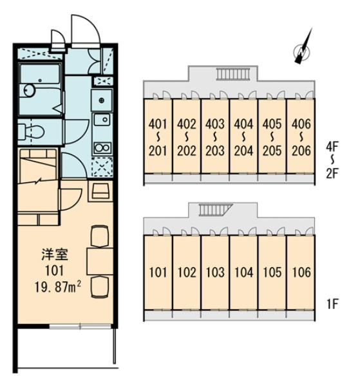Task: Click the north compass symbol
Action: coord(303,52)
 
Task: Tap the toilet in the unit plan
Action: coord(31,131)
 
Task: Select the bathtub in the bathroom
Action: coord(40,73)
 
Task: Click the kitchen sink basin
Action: coord(102,119)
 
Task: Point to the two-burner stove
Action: coord(102,148)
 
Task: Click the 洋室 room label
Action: coord(55,255)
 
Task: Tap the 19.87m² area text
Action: coord(57,287)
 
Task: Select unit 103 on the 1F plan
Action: coord(215,272)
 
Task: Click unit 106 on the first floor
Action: coord(301,272)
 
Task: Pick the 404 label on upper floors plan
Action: coord(243,124)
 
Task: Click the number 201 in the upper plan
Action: coord(158,151)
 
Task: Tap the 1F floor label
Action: coord(332,305)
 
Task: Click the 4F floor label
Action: coord(332,147)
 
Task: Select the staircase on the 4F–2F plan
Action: coord(233,73)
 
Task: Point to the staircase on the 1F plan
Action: coord(215,210)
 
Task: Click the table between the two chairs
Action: coord(100,261)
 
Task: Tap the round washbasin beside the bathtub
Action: coord(30,91)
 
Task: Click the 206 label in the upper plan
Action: coord(301,151)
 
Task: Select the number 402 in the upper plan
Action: coord(187,124)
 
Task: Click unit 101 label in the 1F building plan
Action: coord(158,272)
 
